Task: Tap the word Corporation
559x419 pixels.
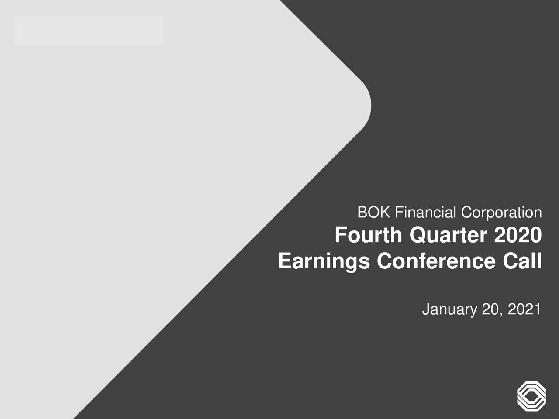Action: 501,213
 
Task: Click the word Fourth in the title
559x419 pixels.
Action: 368,236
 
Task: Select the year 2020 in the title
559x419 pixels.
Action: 518,236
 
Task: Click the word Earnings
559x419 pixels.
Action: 324,261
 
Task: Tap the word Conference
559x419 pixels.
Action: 436,261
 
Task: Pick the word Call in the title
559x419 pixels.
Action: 522,261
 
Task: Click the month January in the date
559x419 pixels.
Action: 449,309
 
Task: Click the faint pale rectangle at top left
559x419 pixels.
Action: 89,31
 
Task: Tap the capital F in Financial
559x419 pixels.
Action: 398,213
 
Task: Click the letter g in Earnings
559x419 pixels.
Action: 352,263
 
